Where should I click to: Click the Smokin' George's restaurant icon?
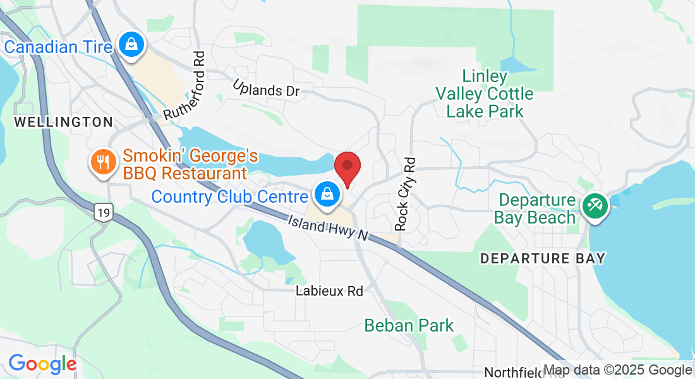(x=102, y=161)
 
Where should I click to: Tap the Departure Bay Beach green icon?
(x=595, y=205)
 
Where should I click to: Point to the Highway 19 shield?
(x=104, y=213)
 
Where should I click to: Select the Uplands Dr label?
(x=265, y=88)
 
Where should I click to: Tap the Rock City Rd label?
(x=406, y=193)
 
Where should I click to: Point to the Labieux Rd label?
(x=330, y=291)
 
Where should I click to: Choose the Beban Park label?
(x=409, y=326)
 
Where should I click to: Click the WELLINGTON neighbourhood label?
(x=63, y=122)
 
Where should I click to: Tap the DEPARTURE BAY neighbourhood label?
(x=543, y=258)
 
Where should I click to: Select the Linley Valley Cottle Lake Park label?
(x=485, y=94)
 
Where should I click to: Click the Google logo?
(x=42, y=364)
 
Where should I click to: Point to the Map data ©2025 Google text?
(x=618, y=370)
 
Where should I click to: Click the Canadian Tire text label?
(x=58, y=47)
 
